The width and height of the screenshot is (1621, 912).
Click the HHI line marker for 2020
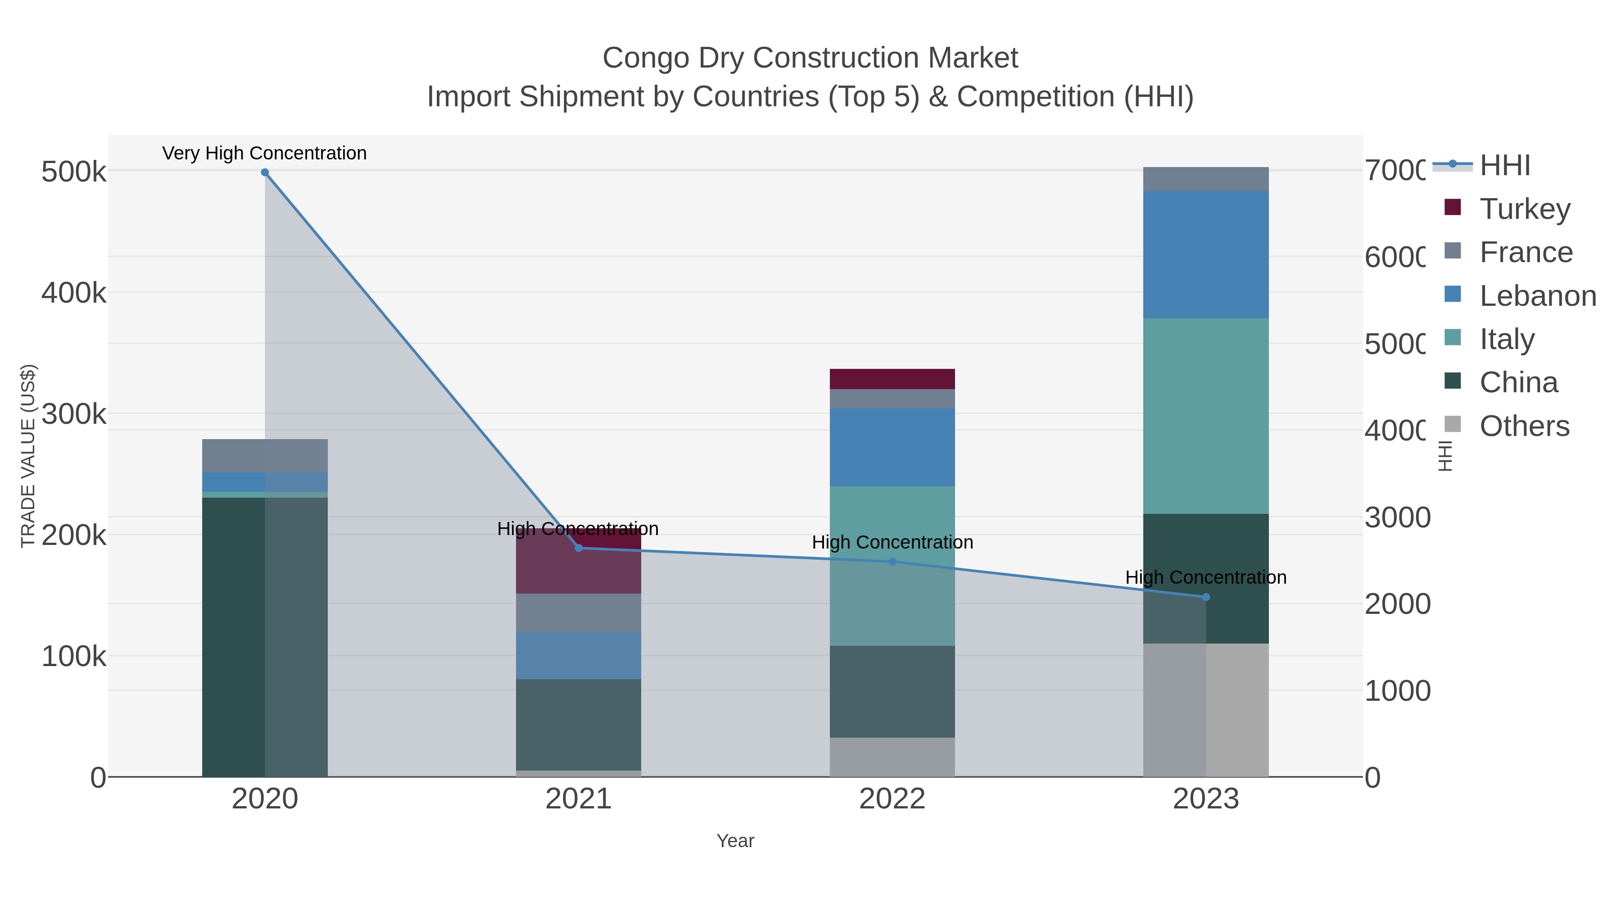(265, 172)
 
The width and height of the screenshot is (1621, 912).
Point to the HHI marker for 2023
(1206, 597)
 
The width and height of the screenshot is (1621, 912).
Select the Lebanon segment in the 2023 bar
(1206, 255)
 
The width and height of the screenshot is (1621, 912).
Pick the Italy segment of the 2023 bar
(1206, 415)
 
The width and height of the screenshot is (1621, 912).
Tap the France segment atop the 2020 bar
(265, 456)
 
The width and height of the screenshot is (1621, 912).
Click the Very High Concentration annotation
(264, 154)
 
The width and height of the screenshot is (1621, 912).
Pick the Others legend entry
(1523, 426)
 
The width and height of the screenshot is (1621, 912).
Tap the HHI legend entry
(1504, 166)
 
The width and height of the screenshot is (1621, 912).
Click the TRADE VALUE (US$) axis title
(28, 456)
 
